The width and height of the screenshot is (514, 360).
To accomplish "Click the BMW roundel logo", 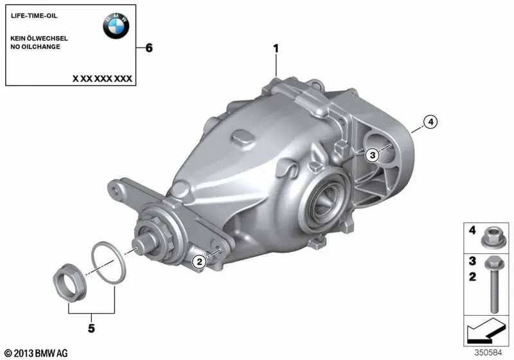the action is (116, 26).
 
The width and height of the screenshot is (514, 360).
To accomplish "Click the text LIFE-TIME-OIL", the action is (34, 15).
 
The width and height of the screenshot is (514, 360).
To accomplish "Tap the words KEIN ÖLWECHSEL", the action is (39, 38).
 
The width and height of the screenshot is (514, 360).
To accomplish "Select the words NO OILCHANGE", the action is (35, 46).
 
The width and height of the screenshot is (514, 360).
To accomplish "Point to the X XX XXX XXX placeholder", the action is (102, 78).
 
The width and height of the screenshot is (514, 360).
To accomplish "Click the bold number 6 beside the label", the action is (149, 48).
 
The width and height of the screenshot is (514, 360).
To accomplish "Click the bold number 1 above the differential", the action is (276, 48).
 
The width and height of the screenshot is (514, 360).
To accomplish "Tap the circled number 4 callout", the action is (430, 122).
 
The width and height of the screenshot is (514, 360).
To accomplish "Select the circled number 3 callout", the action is (372, 155).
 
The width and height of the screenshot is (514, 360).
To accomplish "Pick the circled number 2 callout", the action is (199, 262).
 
